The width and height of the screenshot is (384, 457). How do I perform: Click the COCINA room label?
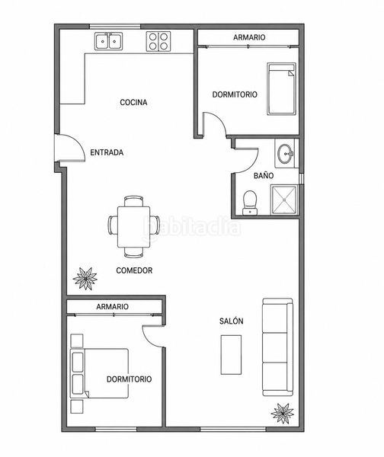(x=133, y=102)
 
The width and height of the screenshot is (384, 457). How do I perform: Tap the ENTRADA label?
(x=107, y=152)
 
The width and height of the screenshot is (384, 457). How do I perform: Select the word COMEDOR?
(x=134, y=270)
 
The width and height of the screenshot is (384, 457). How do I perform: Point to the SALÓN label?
(x=231, y=321)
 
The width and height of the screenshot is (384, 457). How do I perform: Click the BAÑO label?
(x=264, y=175)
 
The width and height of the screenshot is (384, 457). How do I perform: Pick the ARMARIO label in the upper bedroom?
(x=249, y=37)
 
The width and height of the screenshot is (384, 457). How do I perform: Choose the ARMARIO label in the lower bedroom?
(x=112, y=307)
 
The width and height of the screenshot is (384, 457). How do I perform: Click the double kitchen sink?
(x=108, y=41)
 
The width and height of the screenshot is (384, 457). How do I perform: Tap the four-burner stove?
(x=158, y=41)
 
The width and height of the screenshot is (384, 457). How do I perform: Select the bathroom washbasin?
(x=286, y=153)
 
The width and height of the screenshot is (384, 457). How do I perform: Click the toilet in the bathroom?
(x=250, y=203)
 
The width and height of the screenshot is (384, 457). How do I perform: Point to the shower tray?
(x=283, y=200)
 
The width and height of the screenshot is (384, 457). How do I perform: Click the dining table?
(x=134, y=227)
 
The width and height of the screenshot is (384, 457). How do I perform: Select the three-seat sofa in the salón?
(x=277, y=347)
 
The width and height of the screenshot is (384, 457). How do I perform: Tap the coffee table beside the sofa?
(x=231, y=355)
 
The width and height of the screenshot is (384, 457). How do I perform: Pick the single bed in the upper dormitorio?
(x=281, y=88)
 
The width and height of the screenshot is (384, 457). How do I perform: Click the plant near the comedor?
(x=85, y=278)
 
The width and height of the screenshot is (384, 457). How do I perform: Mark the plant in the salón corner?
(x=282, y=413)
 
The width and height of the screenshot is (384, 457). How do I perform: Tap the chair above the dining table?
(x=134, y=201)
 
